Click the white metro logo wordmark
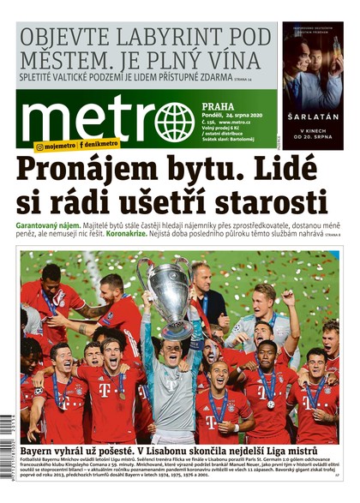(x=85, y=119)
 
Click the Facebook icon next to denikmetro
(x=82, y=147)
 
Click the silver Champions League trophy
(x=168, y=288)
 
